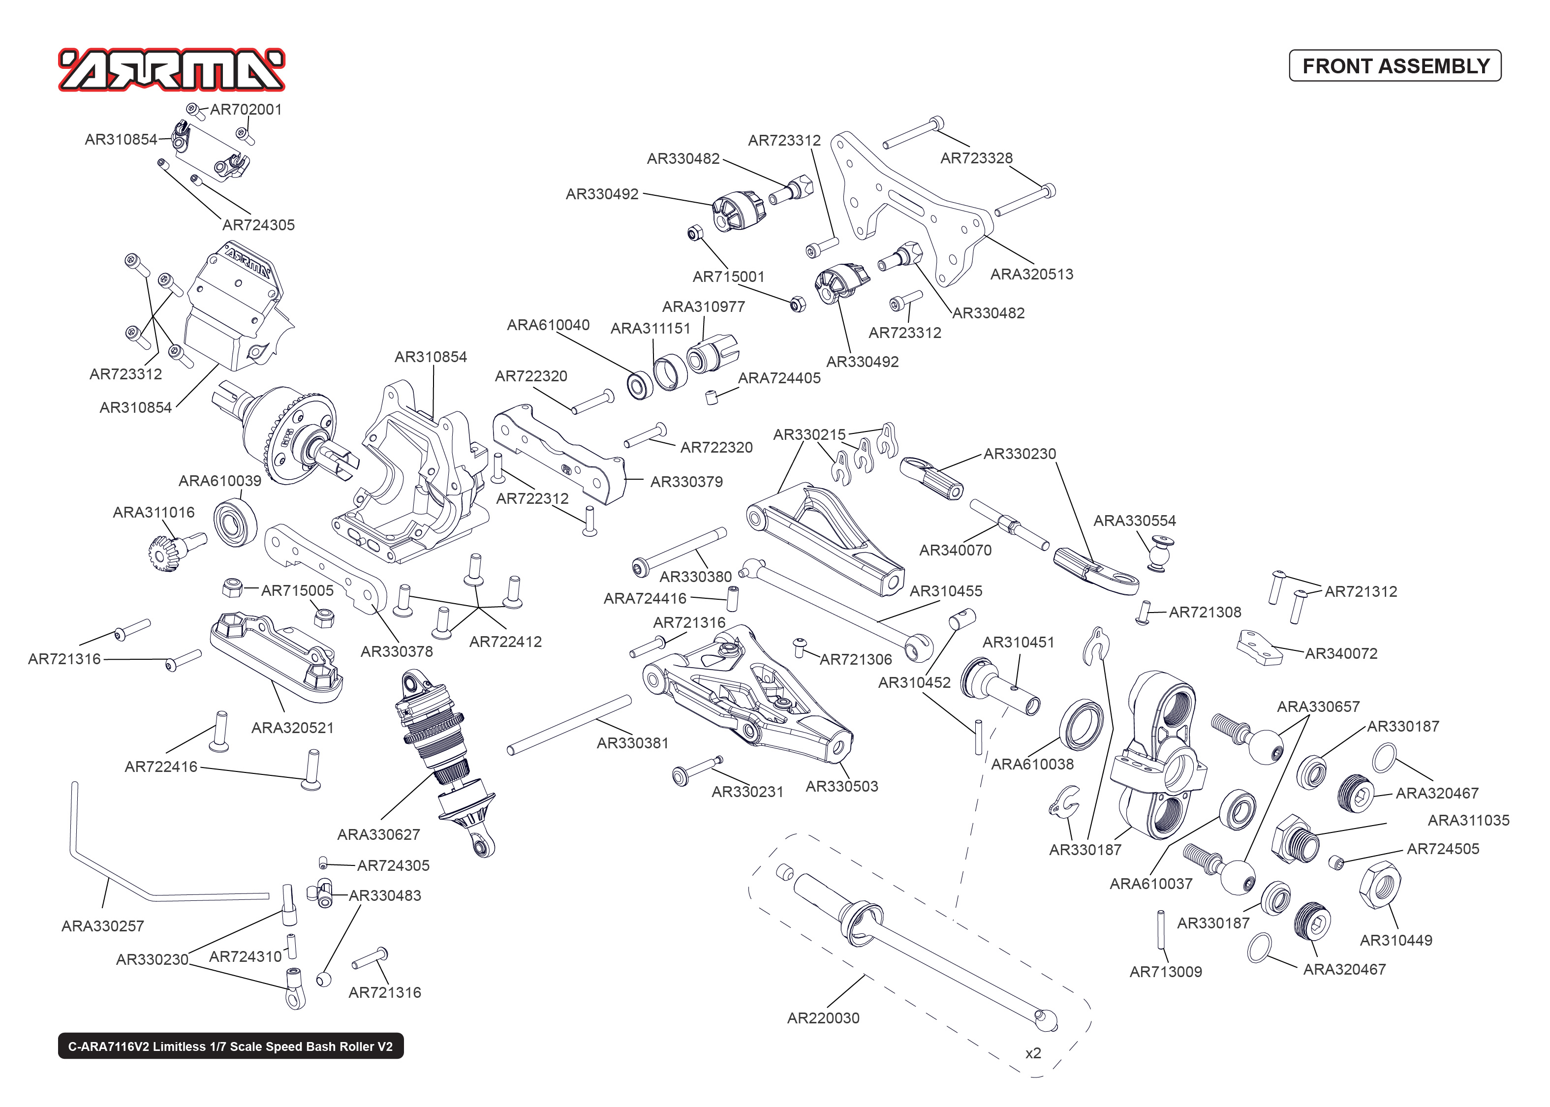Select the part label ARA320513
pos(1031,274)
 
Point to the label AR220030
pos(823,1018)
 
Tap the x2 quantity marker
pos(1033,1053)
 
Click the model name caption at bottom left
pos(230,1046)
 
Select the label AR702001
pos(246,110)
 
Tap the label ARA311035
pos(1468,820)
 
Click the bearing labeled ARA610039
pos(235,522)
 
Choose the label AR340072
pos(1341,653)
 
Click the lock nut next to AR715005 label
pos(233,586)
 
